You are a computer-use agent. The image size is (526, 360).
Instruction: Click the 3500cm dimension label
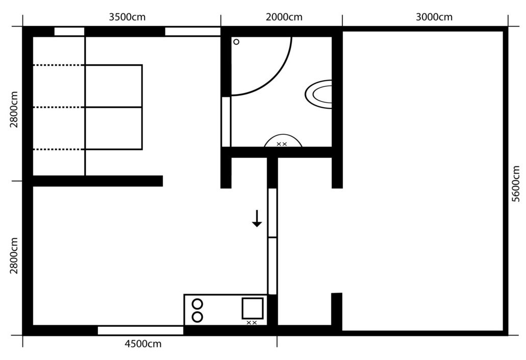(127, 17)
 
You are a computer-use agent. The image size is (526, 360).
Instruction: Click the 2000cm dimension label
(284, 17)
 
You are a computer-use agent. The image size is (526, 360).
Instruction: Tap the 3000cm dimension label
(434, 17)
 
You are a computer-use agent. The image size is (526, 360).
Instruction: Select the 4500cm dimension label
(143, 344)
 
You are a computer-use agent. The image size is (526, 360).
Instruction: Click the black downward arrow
(257, 219)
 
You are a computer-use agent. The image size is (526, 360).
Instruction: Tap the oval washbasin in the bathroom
(319, 94)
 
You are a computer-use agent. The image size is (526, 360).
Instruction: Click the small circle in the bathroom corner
(236, 42)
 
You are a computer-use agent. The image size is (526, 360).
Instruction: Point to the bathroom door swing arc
(274, 80)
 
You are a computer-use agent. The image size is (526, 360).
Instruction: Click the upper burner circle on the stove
(198, 304)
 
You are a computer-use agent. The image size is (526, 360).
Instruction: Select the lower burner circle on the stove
(198, 317)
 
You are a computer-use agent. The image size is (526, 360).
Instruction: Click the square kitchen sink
(253, 308)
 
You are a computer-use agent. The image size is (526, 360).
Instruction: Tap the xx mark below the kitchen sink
(252, 323)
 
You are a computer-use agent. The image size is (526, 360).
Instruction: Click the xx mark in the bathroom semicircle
(282, 144)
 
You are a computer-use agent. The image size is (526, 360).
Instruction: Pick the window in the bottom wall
(140, 330)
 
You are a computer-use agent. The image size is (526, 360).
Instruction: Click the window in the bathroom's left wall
(226, 122)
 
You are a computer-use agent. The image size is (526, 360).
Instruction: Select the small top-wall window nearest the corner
(69, 32)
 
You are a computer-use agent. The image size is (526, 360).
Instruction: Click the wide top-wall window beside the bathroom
(193, 32)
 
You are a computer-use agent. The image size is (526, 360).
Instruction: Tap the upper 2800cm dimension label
(14, 110)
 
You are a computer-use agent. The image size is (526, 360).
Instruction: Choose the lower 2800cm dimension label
(14, 256)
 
